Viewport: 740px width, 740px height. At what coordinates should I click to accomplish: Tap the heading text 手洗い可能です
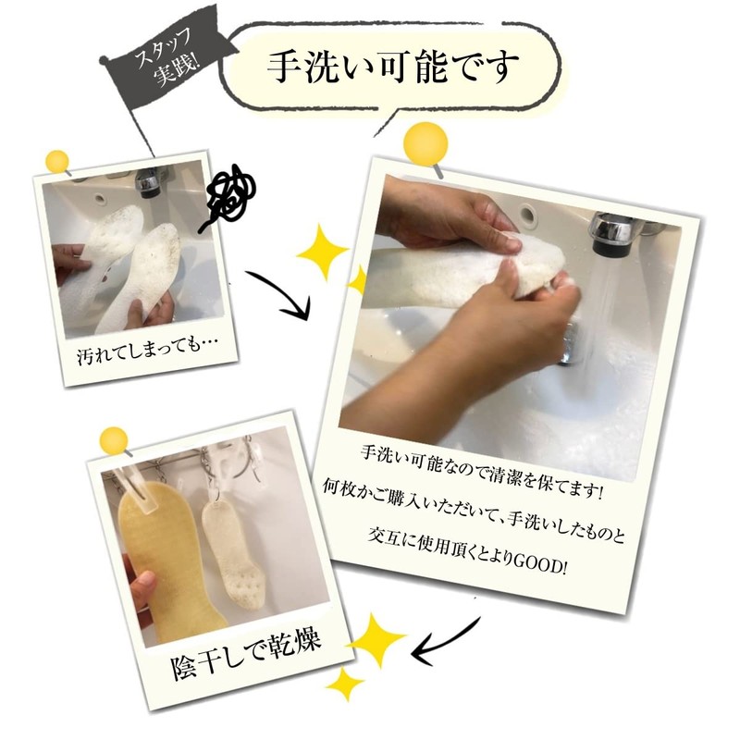pos(392,66)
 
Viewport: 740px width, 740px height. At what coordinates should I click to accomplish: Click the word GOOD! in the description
pos(540,562)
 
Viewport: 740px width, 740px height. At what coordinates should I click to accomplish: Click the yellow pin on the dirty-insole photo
pos(57,162)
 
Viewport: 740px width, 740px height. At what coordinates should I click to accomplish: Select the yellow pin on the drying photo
pos(114,440)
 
